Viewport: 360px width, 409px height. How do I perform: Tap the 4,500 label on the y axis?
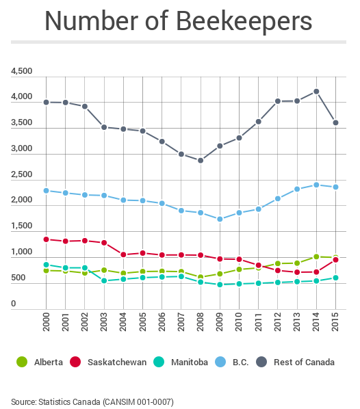21,71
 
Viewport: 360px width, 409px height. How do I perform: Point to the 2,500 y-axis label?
21,174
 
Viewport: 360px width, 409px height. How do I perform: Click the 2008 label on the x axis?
200,331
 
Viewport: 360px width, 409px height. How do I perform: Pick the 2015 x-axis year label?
335,331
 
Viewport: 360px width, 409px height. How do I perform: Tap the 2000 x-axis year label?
45,331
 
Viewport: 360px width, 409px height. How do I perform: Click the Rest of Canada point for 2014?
316,91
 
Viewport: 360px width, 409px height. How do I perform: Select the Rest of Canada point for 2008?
200,161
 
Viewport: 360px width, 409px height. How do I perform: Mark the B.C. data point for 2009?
220,220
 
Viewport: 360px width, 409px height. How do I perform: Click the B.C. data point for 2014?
316,185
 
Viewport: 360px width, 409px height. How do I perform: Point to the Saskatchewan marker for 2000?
45,239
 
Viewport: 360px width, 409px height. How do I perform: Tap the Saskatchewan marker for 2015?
335,260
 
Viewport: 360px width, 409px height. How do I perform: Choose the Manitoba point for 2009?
220,285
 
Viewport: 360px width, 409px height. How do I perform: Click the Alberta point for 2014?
316,256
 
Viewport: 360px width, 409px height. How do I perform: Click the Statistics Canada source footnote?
92,401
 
